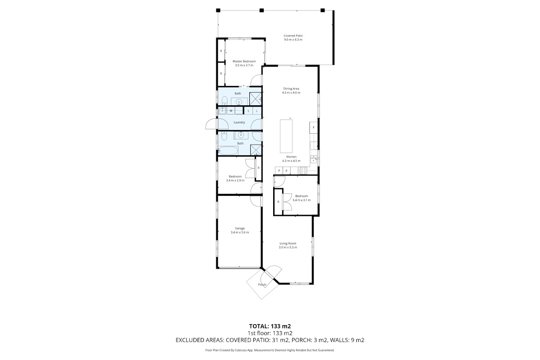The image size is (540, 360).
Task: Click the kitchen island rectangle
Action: point(286,136)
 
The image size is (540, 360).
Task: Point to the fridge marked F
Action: point(313,127)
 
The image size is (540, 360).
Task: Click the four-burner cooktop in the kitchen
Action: point(303,171)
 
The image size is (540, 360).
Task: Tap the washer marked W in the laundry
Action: point(231,111)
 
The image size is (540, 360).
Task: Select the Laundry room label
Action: point(239,122)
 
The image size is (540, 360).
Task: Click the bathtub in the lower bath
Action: point(228,151)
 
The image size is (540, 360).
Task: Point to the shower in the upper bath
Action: point(255,99)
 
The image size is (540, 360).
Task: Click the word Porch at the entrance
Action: point(262,284)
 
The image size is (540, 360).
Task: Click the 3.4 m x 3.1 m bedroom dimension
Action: point(301,200)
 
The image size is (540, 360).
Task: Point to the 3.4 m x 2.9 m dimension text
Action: point(235,180)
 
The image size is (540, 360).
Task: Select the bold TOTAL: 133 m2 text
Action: point(270,326)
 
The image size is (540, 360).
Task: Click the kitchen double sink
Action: point(313,159)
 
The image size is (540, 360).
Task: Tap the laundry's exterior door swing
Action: point(211,124)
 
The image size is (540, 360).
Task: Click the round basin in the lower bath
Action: point(240,135)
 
